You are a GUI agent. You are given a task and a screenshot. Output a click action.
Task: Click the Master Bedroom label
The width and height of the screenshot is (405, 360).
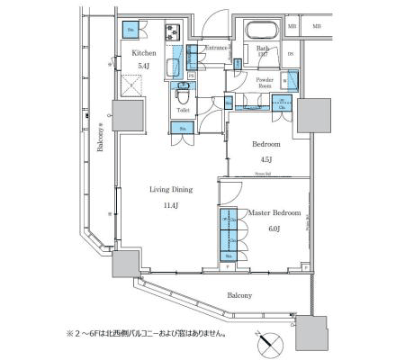(274, 212)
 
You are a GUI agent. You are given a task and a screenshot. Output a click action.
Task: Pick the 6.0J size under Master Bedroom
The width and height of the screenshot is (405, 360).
(274, 228)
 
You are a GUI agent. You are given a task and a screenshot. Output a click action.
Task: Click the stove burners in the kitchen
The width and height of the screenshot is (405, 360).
(172, 33)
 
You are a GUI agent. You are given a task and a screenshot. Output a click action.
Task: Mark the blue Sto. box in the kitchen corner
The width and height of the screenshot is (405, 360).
(131, 29)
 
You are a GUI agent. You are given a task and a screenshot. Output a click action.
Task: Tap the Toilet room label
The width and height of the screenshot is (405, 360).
(183, 111)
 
